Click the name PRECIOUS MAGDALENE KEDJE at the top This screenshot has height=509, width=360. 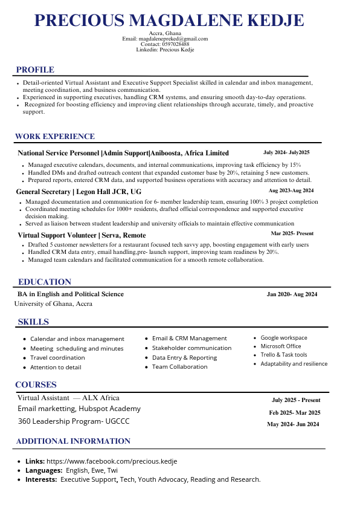[x=169, y=21]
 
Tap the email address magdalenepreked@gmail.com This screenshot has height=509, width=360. [x=173, y=39]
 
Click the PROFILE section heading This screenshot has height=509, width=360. [x=35, y=70]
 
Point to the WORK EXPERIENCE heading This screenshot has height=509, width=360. [x=55, y=137]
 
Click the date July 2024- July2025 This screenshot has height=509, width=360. [x=286, y=152]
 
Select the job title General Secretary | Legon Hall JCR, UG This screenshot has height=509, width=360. [x=79, y=192]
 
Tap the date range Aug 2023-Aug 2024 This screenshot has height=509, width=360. [x=291, y=190]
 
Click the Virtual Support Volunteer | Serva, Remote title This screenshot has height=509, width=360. [x=82, y=235]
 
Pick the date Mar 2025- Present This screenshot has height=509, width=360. [x=292, y=233]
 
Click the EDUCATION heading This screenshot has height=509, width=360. [x=45, y=282]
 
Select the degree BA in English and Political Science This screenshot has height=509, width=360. [x=71, y=294]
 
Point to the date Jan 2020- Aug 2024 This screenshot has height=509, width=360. [x=292, y=294]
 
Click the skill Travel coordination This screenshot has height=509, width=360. [x=58, y=358]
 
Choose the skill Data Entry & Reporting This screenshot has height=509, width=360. [x=184, y=357]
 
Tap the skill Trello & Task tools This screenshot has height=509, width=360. [x=284, y=355]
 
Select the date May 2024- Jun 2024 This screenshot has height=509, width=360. [x=293, y=424]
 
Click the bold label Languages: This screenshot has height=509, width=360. [x=43, y=470]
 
